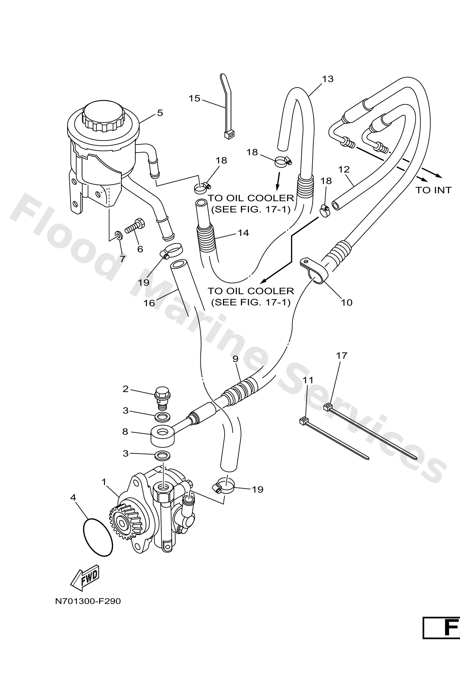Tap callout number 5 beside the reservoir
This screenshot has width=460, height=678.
point(160,113)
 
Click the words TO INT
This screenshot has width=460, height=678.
point(433,190)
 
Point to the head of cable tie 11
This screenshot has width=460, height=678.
point(304,421)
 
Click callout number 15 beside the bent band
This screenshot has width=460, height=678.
point(194,98)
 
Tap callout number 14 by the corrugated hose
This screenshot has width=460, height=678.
point(243,233)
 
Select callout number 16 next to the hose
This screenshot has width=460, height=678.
point(149,303)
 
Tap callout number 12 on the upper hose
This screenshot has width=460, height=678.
point(344,169)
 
